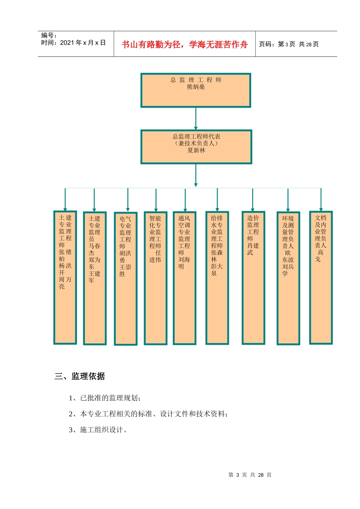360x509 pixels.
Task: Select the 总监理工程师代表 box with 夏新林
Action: click(x=196, y=147)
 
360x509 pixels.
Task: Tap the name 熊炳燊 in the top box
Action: click(x=196, y=87)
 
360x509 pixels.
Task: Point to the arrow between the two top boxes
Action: click(x=196, y=119)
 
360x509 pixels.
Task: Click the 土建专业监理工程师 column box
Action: click(x=65, y=277)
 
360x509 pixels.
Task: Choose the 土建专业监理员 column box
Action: click(x=95, y=278)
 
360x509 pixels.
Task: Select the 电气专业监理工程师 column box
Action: click(x=125, y=278)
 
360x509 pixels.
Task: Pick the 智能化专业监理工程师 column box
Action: click(x=155, y=278)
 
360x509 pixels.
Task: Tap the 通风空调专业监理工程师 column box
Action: click(x=185, y=278)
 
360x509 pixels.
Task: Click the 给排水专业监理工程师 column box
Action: click(x=217, y=278)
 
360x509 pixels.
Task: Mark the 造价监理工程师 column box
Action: click(x=253, y=278)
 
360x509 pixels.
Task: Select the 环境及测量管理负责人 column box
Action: click(x=288, y=278)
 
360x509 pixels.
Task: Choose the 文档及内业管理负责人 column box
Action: click(x=321, y=277)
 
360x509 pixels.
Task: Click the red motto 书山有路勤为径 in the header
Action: click(x=185, y=45)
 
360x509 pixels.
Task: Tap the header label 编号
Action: click(x=49, y=36)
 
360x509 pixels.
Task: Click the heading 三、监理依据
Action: click(x=80, y=376)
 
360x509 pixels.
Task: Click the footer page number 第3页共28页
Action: click(x=250, y=475)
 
